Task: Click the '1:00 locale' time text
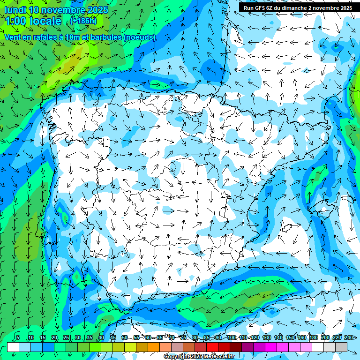coord(33,21)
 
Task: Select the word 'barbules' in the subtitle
coord(105,37)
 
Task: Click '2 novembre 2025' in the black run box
coord(330,8)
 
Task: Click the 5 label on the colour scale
coord(18,337)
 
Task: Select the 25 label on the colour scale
coord(66,337)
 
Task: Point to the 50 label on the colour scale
coord(124,337)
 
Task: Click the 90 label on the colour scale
coord(218,337)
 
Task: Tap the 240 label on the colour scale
coord(348,337)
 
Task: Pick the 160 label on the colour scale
coord(302,337)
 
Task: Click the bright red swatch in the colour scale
coord(212,347)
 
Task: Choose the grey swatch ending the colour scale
coord(341,347)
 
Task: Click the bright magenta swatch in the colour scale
coord(271,347)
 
